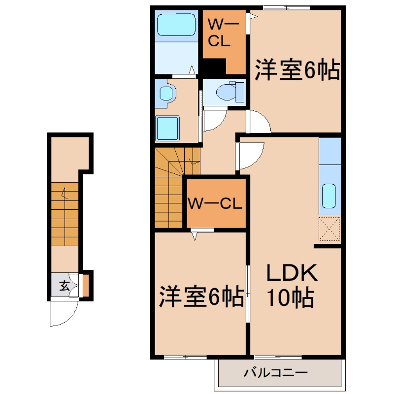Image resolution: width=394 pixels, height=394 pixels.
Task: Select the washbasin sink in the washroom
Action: [x=166, y=94]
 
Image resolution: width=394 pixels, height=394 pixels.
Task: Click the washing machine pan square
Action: [x=167, y=128]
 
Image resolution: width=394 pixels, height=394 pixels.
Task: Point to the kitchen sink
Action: [x=329, y=196]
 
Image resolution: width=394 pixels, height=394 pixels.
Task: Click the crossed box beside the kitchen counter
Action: [x=329, y=229]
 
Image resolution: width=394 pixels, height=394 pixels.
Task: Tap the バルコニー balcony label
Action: [x=276, y=373]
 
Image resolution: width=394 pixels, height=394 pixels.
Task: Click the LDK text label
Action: [x=291, y=274]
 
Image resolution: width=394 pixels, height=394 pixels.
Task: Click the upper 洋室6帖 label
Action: [x=297, y=70]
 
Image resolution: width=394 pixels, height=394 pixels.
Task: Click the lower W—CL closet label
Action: [x=215, y=203]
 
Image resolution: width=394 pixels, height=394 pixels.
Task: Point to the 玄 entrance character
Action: [x=64, y=285]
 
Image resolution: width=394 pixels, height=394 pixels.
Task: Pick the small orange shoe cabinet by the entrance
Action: [x=86, y=286]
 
